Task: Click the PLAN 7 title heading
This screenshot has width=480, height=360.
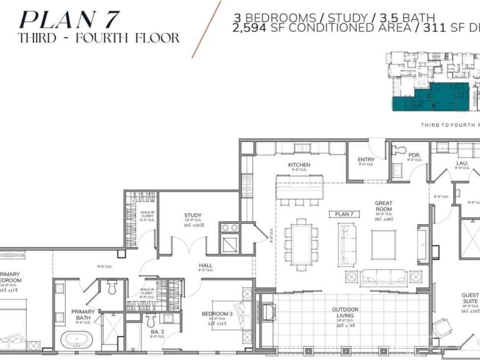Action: click(x=69, y=19)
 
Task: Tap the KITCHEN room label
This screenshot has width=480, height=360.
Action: click(x=298, y=165)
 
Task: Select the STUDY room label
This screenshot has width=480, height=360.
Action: click(x=193, y=215)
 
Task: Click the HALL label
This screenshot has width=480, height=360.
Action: click(x=206, y=265)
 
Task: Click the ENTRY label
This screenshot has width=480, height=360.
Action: click(x=366, y=159)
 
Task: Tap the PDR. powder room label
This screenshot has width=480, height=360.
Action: click(x=414, y=155)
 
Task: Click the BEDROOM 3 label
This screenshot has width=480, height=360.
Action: click(x=217, y=314)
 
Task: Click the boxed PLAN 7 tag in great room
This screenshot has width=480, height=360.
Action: click(x=344, y=214)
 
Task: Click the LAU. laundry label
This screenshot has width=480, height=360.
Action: click(x=462, y=163)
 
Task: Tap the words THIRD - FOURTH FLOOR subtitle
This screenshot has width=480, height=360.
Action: click(x=99, y=39)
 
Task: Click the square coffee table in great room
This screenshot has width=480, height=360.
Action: click(x=383, y=244)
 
